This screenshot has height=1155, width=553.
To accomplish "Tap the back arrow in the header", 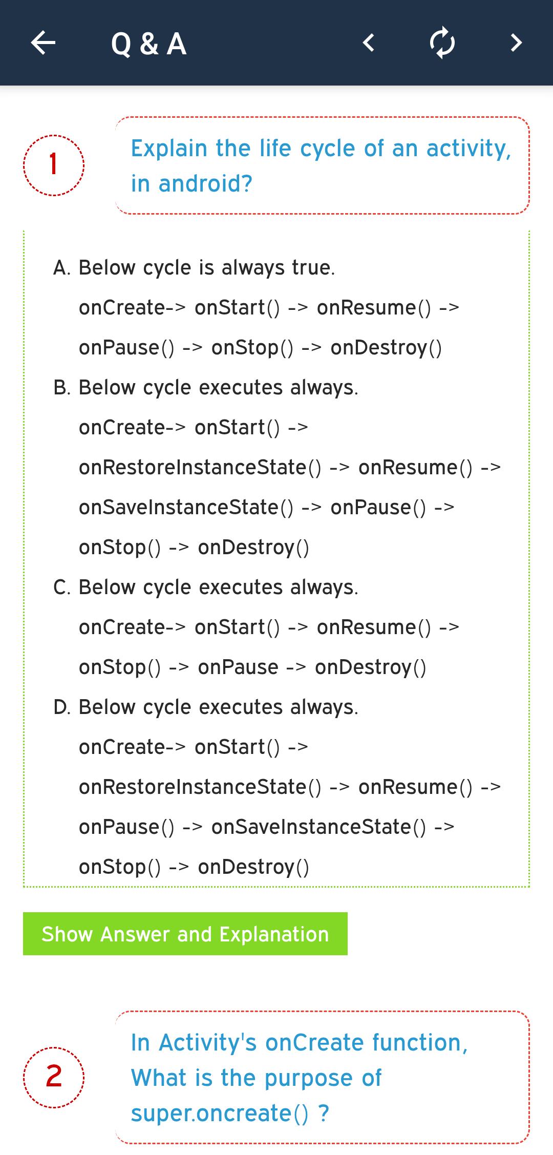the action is [43, 43].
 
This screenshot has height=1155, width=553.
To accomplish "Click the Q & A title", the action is [148, 44].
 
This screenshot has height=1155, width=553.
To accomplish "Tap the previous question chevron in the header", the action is [368, 43].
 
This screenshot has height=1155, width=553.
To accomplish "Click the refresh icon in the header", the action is [442, 43].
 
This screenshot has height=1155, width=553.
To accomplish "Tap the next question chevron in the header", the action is [516, 43].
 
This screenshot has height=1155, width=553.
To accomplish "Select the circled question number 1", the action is [54, 165].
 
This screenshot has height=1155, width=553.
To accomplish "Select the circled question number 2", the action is [54, 1077].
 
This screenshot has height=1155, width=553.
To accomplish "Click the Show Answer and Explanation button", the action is [185, 934].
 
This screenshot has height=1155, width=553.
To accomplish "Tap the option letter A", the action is [61, 267].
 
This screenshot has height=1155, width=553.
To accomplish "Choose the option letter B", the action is [61, 387].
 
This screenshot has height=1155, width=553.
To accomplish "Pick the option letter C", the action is [61, 587].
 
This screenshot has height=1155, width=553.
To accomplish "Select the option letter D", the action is [61, 707].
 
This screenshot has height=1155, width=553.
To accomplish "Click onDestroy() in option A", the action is [386, 348].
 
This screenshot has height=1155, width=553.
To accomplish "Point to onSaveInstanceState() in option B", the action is [186, 508].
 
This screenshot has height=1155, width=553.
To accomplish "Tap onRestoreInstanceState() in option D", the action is [200, 787].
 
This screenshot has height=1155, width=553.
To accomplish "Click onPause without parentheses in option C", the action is [238, 667].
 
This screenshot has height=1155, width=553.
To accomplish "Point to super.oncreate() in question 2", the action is [220, 1114].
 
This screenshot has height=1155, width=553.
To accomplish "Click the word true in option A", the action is [313, 267].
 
